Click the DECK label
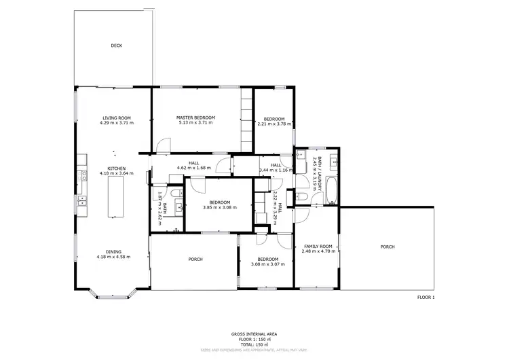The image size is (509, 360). (116, 46)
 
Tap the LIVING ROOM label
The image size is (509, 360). (116, 118)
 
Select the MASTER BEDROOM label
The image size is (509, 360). (195, 118)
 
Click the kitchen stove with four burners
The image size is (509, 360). (82, 175)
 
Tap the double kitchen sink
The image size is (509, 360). (82, 200)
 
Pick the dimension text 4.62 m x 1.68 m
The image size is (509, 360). (194, 168)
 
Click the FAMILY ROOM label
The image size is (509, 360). (318, 246)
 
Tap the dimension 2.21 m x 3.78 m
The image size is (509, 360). (274, 124)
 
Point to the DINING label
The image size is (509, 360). (113, 251)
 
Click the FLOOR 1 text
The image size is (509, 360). (426, 297)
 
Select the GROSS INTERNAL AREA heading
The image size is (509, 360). (254, 334)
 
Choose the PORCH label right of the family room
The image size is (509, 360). (388, 247)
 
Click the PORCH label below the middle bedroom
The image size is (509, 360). (195, 259)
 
